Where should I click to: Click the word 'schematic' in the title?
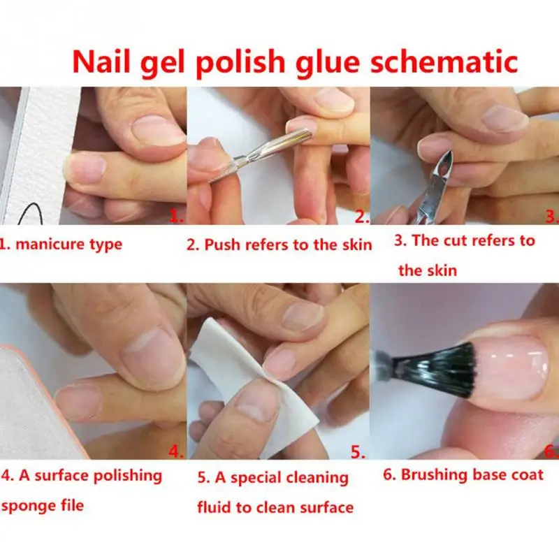444,61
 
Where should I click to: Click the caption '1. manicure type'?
61,245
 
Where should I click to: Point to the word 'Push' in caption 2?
222,245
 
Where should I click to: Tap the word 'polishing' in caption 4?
128,477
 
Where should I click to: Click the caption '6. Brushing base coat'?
463,475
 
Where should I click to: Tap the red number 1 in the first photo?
177,216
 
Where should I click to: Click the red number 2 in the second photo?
362,217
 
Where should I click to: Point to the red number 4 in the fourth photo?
176,451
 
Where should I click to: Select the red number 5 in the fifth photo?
358,452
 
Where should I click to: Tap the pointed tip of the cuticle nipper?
450,152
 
